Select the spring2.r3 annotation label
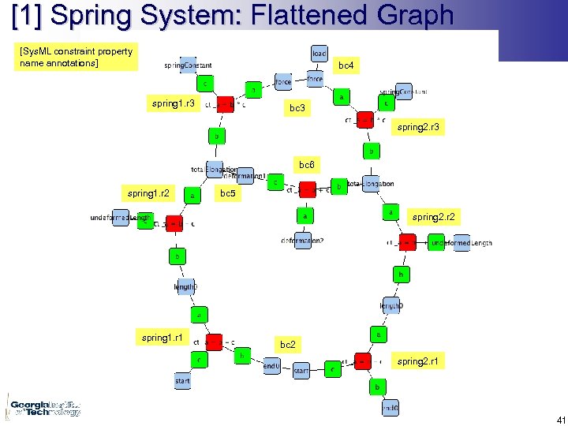click(419, 126)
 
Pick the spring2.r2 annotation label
click(434, 216)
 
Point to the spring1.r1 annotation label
click(162, 338)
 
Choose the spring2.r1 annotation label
click(419, 361)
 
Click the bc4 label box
click(346, 66)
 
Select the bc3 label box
click(297, 107)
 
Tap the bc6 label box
click(307, 165)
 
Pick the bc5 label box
click(229, 192)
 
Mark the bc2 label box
click(288, 345)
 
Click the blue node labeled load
click(319, 53)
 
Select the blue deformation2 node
click(302, 240)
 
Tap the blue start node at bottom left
click(182, 381)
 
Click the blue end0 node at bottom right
click(390, 409)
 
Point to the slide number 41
click(560, 420)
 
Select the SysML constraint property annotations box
click(76, 57)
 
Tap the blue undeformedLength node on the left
click(120, 218)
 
